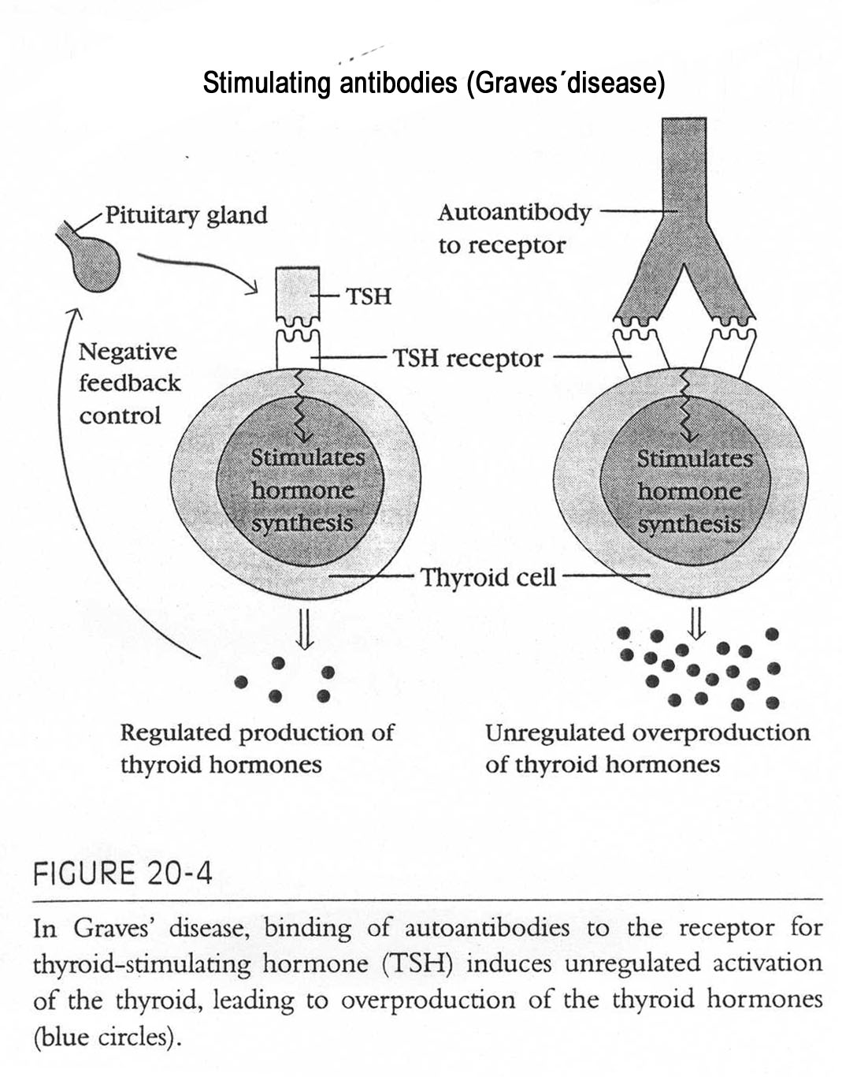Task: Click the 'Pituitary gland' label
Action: click(x=186, y=214)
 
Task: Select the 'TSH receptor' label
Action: click(x=468, y=359)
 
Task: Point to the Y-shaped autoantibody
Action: click(x=684, y=237)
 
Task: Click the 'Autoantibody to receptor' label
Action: click(x=514, y=229)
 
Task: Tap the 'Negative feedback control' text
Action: click(x=129, y=383)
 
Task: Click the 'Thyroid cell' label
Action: click(x=488, y=577)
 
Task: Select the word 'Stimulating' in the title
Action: click(x=266, y=83)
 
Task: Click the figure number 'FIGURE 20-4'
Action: click(x=122, y=874)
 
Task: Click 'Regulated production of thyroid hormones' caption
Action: click(x=257, y=748)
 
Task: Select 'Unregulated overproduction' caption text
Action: click(x=647, y=733)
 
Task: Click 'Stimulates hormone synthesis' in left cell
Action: click(x=303, y=490)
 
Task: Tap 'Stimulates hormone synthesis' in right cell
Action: click(x=690, y=492)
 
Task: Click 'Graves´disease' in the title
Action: click(x=566, y=83)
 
